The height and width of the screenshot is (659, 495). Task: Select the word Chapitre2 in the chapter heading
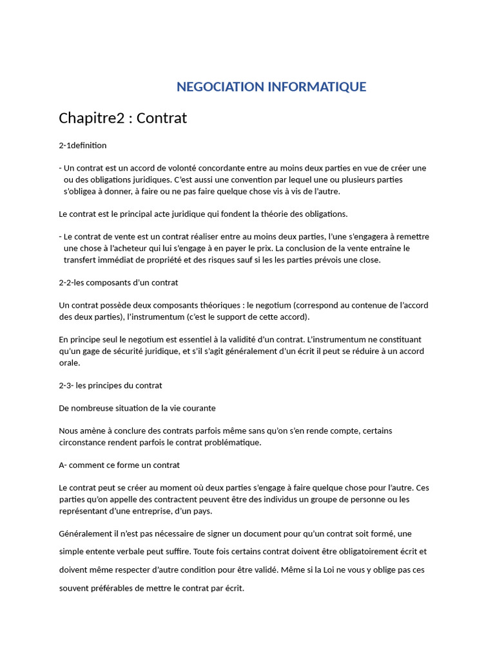92,118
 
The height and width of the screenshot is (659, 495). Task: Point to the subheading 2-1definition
82,145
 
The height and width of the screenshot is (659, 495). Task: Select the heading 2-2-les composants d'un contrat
118,283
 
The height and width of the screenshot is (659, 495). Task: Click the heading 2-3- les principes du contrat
110,385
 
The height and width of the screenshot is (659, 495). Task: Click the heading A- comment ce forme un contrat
119,465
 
